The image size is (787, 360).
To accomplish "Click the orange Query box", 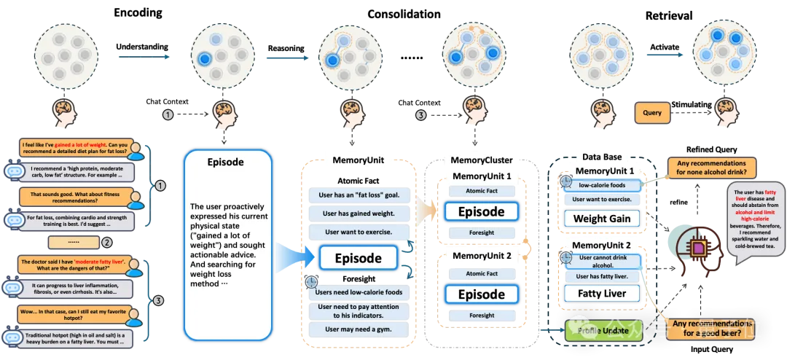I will click(652, 113).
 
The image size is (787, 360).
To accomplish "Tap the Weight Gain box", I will click(601, 219).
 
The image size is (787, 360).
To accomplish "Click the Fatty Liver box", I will click(601, 294).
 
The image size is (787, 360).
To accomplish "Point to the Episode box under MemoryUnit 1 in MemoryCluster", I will click(481, 212).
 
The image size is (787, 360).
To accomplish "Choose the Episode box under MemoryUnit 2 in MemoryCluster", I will click(481, 294).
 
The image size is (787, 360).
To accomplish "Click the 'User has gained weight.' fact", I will click(358, 213).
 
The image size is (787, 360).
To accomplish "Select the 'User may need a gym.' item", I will click(358, 329).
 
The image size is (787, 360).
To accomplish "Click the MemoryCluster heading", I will click(481, 160).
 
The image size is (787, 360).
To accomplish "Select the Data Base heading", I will click(601, 157).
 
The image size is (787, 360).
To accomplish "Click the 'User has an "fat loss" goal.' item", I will click(358, 195).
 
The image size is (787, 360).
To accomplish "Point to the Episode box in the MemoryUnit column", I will click(358, 258).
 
